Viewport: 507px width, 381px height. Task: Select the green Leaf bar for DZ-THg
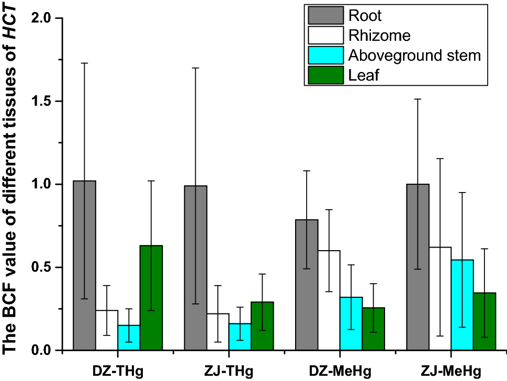tap(151, 298)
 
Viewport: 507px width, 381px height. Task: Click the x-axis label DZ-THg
tap(117, 371)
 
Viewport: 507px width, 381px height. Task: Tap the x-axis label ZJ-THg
tap(229, 371)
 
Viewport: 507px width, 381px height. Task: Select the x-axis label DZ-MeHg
tap(340, 371)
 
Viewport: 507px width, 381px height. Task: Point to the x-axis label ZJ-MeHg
tap(452, 371)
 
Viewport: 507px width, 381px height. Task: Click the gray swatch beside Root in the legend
tap(325, 15)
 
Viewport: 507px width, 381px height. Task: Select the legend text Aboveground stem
tap(414, 55)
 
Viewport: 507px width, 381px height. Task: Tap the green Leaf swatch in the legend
tap(325, 75)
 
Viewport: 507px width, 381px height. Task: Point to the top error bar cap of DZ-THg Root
tap(84, 63)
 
